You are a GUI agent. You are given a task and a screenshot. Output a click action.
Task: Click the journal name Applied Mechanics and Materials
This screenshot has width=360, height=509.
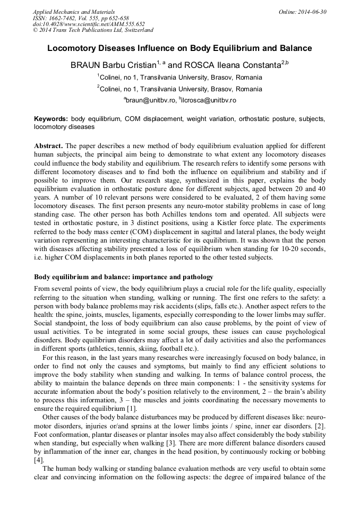pos(73,12)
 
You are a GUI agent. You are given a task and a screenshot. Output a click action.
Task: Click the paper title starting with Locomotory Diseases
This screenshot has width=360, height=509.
pos(179,48)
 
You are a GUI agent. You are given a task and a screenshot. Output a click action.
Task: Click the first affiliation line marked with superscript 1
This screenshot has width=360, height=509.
pos(179,77)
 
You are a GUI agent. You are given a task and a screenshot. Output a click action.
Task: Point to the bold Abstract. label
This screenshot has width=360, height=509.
pos(49,145)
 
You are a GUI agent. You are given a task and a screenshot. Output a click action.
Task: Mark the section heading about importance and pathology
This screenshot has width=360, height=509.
pos(124,277)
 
